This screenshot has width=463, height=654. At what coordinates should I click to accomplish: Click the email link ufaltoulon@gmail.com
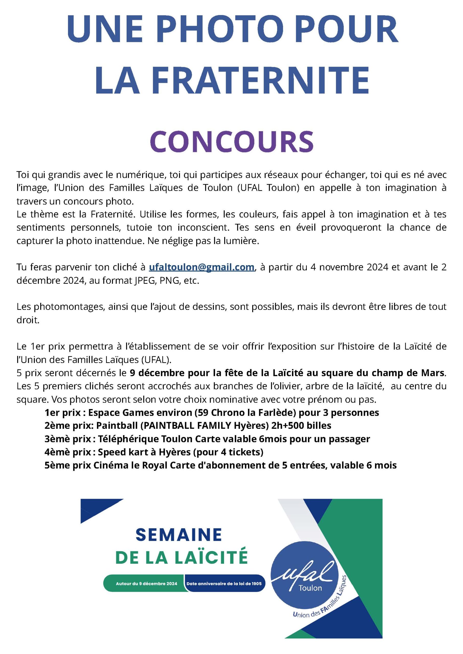tap(201, 267)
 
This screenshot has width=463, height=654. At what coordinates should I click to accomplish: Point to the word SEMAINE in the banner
tap(179, 535)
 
